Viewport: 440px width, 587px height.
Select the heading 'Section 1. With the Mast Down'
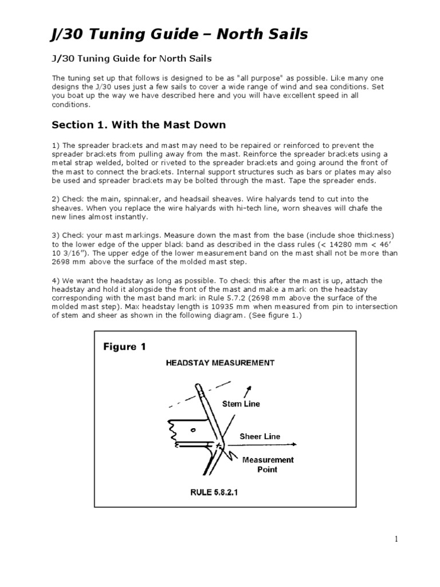tap(139, 124)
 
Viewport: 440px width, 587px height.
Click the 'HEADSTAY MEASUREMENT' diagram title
tap(220, 363)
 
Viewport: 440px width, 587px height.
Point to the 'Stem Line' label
tap(241, 404)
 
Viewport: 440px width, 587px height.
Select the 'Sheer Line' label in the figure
tap(260, 437)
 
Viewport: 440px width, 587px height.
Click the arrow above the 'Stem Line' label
tap(249, 392)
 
